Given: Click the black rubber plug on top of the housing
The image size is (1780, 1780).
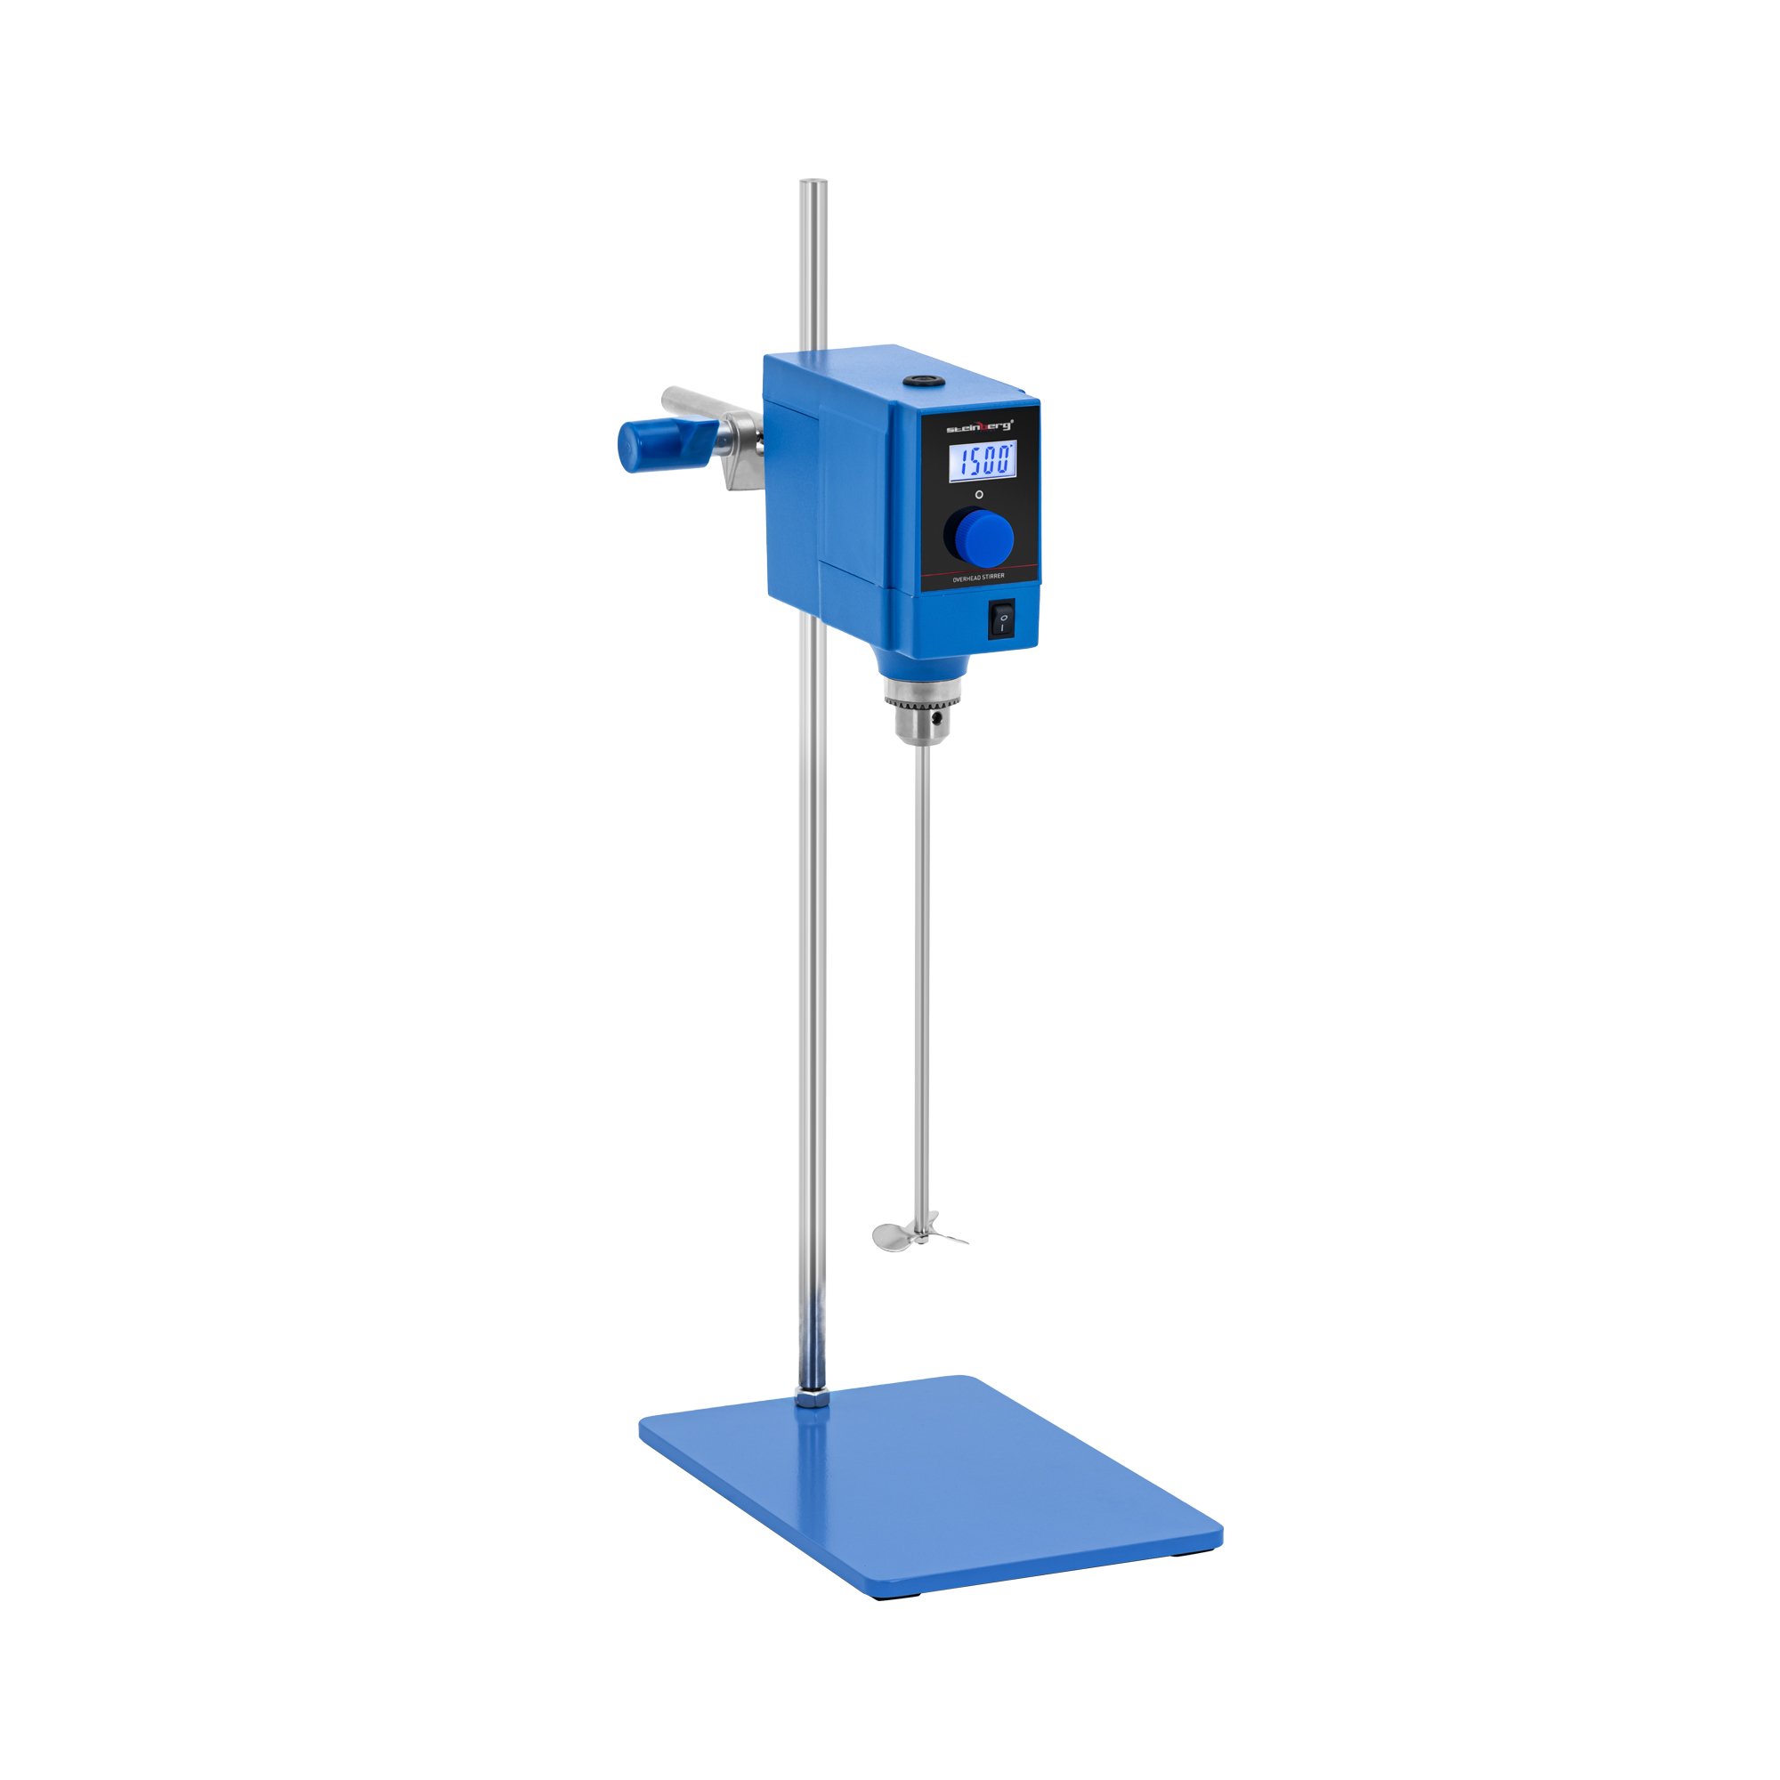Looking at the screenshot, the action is pyautogui.click(x=915, y=380).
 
